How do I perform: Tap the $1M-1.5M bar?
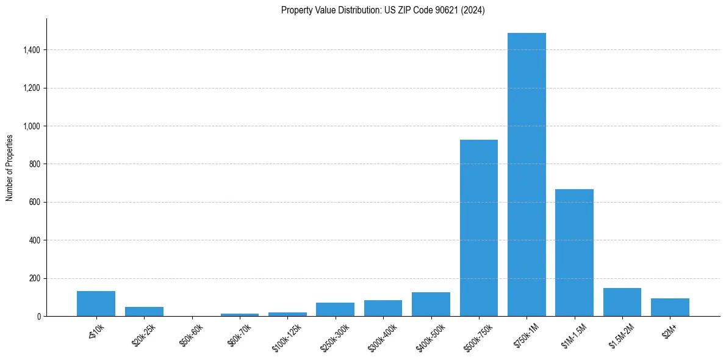(x=574, y=253)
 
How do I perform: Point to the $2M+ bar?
(x=670, y=308)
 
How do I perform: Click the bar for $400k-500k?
(x=431, y=304)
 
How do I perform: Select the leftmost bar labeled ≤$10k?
(x=96, y=304)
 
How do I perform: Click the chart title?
(x=383, y=10)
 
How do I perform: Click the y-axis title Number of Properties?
(x=10, y=168)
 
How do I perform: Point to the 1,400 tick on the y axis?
(x=32, y=50)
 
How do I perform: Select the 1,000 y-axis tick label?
(x=32, y=126)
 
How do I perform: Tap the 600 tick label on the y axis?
(x=35, y=203)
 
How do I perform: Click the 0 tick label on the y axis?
(x=39, y=317)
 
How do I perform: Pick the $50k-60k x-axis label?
(x=190, y=335)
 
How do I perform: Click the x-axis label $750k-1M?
(x=525, y=335)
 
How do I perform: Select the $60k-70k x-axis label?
(x=239, y=335)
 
